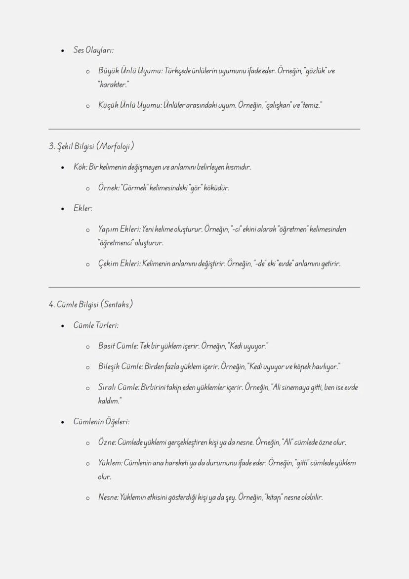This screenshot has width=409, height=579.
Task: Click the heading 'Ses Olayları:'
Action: tap(93, 50)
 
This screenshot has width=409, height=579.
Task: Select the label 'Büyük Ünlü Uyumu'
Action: tap(122, 71)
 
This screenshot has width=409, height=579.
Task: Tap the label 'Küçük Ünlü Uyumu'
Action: tap(122, 105)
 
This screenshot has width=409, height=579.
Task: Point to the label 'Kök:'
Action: tap(81, 167)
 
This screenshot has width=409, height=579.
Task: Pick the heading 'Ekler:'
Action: tap(83, 208)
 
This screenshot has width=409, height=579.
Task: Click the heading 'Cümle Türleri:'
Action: tap(96, 325)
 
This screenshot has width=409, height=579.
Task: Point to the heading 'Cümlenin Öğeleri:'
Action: tap(101, 422)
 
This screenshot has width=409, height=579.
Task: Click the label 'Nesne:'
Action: tap(108, 497)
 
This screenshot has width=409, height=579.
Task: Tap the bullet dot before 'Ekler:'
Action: tap(62, 209)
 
